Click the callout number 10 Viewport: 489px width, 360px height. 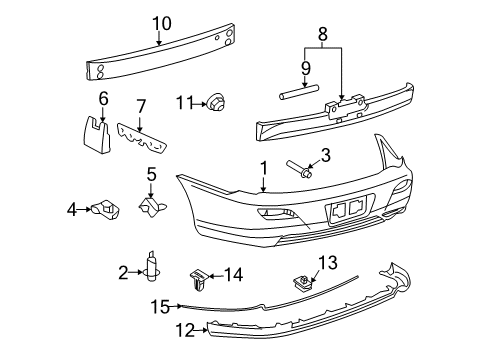(161, 24)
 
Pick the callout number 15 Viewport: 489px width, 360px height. (159, 306)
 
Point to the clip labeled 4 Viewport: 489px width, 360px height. (105, 209)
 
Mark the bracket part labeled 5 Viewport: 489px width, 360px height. (152, 206)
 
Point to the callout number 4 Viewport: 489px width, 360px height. (71, 209)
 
